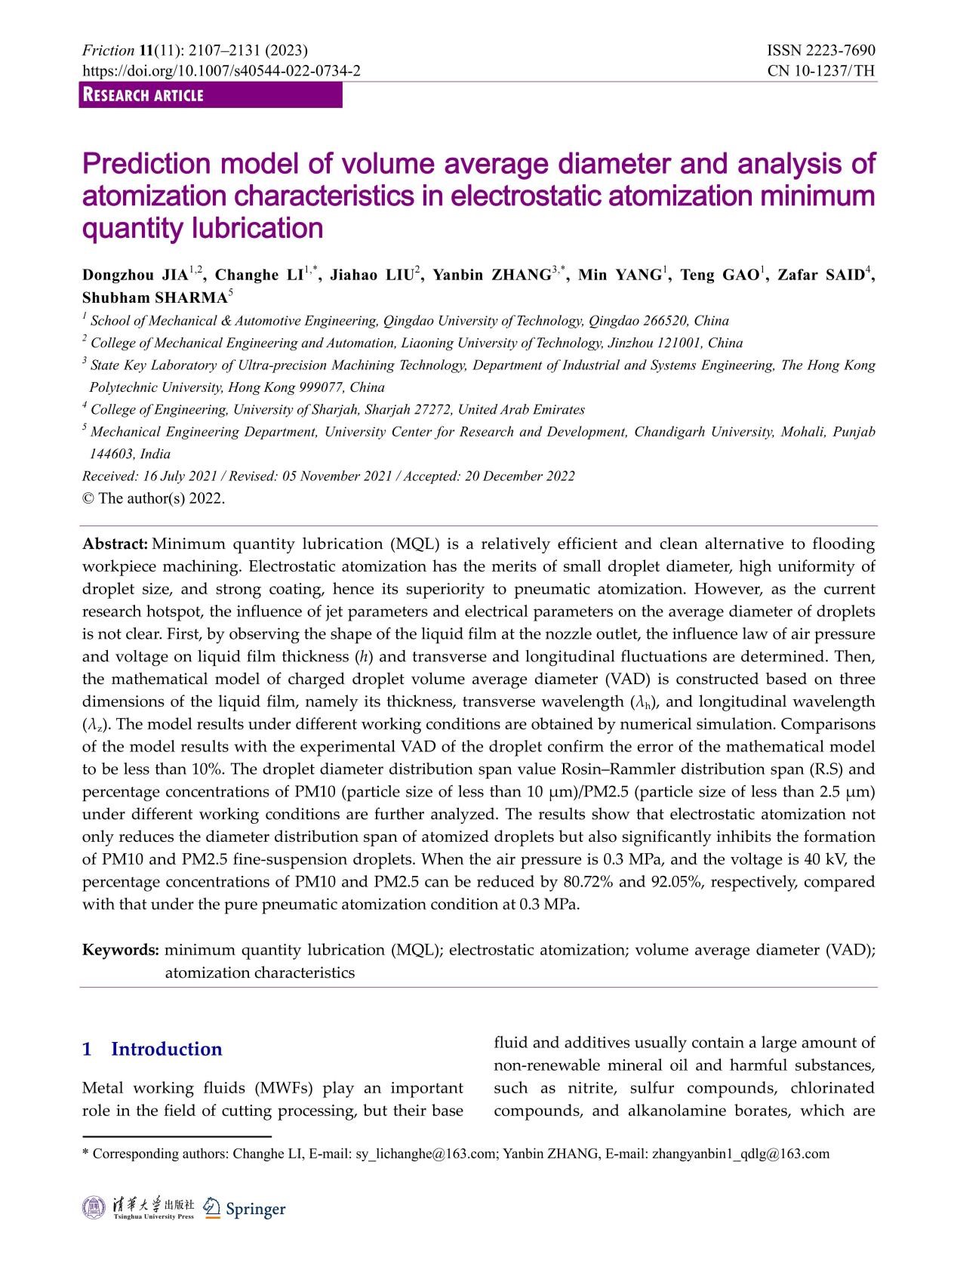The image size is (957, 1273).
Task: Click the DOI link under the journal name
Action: click(221, 71)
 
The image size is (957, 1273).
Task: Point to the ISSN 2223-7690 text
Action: click(821, 51)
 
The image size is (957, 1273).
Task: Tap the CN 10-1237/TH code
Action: click(821, 71)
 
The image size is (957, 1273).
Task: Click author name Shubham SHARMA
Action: click(154, 297)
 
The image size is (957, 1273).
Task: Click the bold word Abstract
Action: click(115, 544)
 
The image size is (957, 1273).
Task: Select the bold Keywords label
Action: click(121, 950)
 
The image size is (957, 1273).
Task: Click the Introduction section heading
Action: click(166, 1049)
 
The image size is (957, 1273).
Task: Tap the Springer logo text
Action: click(256, 1209)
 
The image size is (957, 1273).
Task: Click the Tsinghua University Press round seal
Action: click(94, 1207)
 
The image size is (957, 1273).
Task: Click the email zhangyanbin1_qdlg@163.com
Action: click(740, 1154)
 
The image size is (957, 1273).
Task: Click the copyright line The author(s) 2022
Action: click(160, 498)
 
